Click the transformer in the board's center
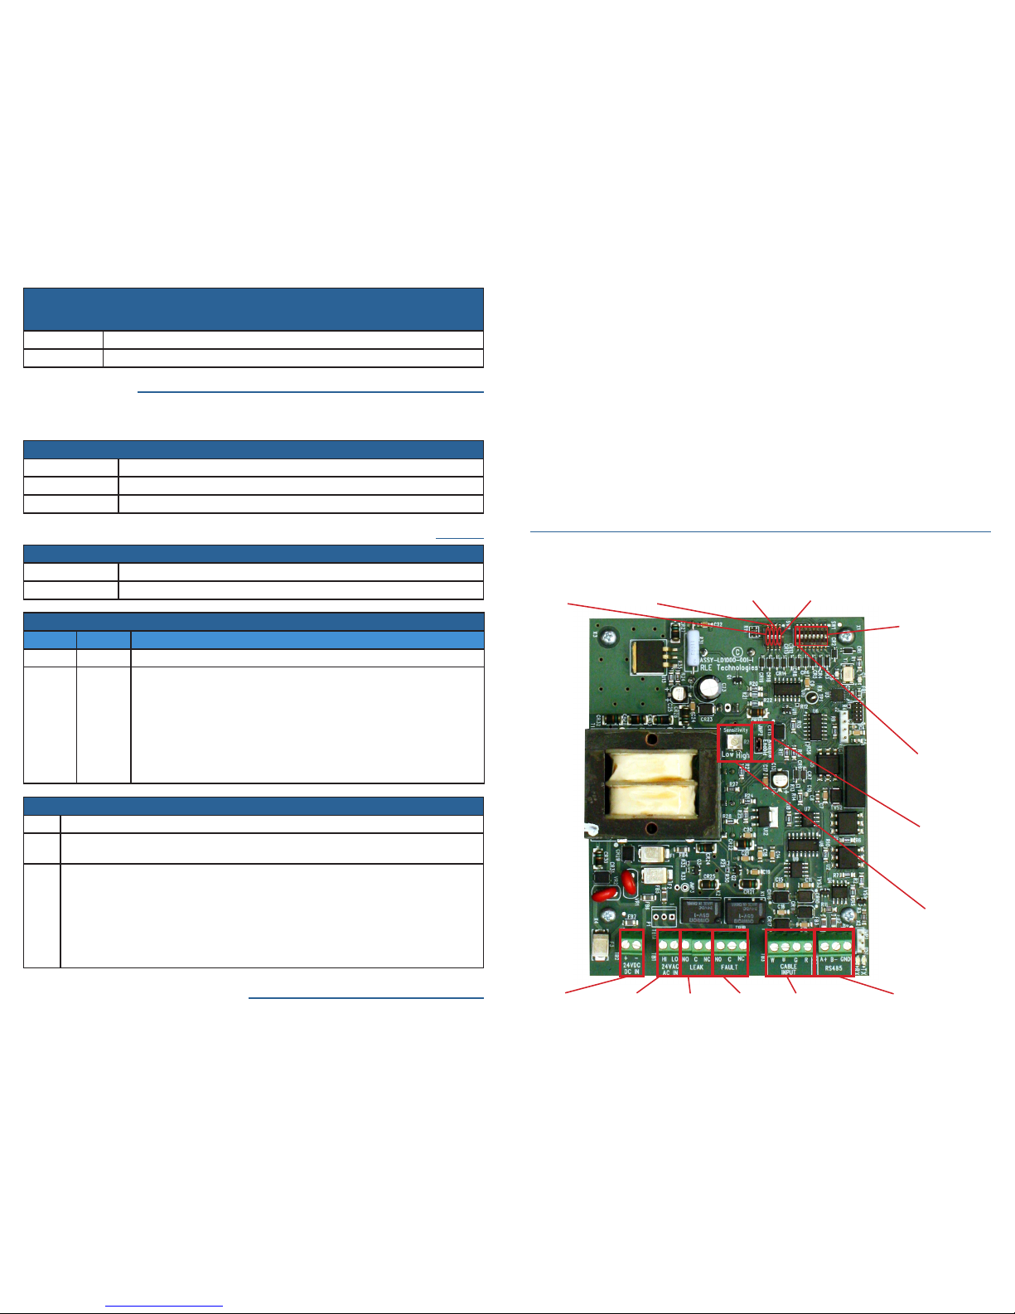tap(651, 783)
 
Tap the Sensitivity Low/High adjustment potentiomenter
tap(732, 740)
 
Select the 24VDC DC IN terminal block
tap(631, 953)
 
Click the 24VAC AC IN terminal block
tap(669, 953)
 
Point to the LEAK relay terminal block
tap(696, 953)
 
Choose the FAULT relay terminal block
tap(730, 953)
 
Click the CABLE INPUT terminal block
tap(789, 953)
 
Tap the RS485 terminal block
tap(834, 953)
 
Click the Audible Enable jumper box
tap(761, 740)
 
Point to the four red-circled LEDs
tap(773, 636)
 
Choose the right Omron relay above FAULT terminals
tap(744, 910)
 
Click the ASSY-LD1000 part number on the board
tap(727, 659)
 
